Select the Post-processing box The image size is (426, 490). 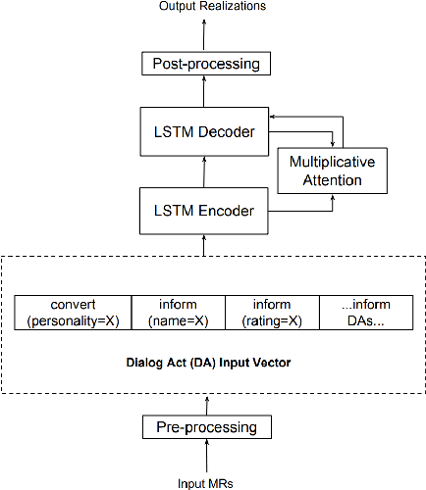click(x=205, y=65)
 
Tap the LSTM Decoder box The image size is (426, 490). click(x=205, y=131)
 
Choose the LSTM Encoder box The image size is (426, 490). click(x=205, y=210)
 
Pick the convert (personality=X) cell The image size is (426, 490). click(x=72, y=313)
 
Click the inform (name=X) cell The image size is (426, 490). click(x=178, y=313)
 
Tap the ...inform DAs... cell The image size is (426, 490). click(x=368, y=313)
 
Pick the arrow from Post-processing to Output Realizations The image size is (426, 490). click(x=205, y=32)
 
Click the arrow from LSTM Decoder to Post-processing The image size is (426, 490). click(x=205, y=93)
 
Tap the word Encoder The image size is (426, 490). click(x=232, y=210)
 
